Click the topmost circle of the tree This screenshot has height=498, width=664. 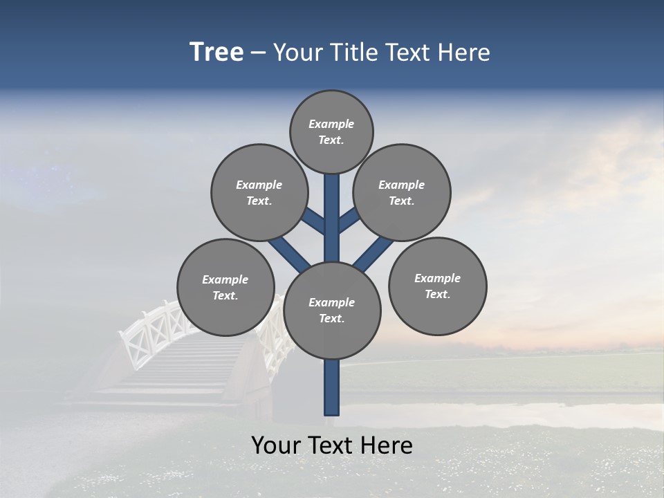[x=331, y=131]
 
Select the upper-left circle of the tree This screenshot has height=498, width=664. [x=259, y=192]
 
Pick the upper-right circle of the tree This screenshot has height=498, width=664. [x=402, y=192]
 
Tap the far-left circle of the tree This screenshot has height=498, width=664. [x=225, y=287]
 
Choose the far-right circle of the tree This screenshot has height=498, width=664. [x=437, y=286]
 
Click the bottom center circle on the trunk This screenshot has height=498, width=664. [x=332, y=311]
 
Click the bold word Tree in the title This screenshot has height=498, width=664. [x=216, y=52]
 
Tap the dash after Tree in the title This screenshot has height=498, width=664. [x=258, y=53]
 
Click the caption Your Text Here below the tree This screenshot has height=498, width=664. [x=332, y=445]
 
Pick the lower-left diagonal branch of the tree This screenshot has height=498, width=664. [x=289, y=254]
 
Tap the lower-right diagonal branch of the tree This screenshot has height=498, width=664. [x=373, y=255]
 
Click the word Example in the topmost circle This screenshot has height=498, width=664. [x=331, y=124]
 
